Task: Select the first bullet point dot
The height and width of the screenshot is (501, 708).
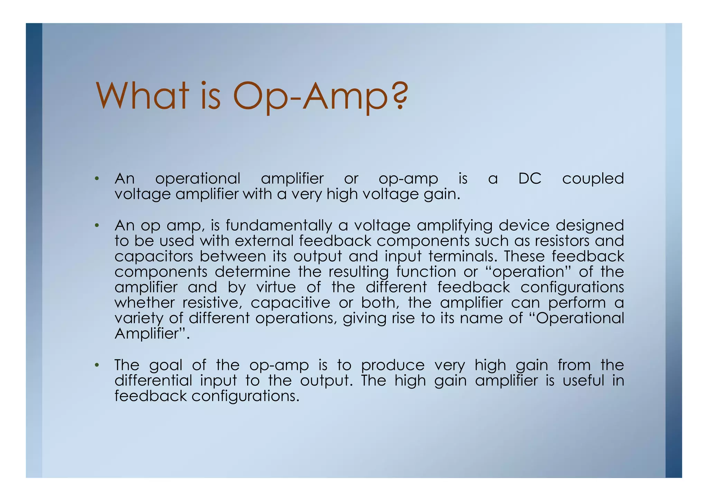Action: (x=97, y=179)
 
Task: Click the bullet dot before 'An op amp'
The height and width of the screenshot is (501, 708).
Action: (x=97, y=226)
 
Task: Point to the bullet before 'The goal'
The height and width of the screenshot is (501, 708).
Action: (x=97, y=365)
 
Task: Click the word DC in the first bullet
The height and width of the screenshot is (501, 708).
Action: (x=530, y=179)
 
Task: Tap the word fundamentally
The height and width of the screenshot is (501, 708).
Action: (x=279, y=226)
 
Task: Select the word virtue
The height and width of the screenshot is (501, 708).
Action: (x=276, y=288)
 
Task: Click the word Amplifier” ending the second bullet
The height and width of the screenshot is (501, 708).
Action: (x=152, y=334)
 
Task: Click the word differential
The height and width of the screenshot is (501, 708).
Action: (x=153, y=381)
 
